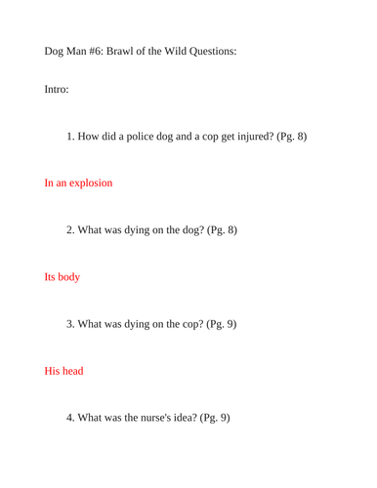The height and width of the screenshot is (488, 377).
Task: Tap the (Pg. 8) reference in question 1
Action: tap(289, 136)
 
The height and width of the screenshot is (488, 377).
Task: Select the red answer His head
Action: tap(63, 371)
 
